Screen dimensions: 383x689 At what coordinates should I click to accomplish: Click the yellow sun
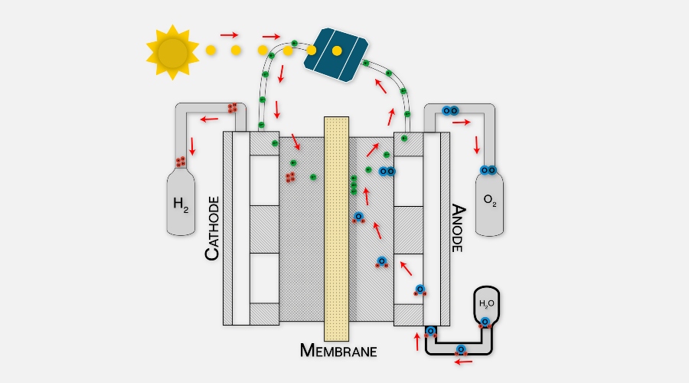tap(172, 51)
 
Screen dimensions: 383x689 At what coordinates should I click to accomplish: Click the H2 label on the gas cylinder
tap(181, 204)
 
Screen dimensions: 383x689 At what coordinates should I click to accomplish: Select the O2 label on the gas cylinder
tap(490, 202)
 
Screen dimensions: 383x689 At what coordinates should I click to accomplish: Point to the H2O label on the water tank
tap(487, 303)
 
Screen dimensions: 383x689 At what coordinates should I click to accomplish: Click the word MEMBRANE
tap(338, 352)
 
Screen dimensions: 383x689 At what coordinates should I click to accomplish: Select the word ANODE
tap(458, 228)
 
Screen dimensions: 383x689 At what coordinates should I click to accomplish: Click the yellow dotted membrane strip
tap(336, 230)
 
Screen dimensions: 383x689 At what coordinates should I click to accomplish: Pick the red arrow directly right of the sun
tap(229, 34)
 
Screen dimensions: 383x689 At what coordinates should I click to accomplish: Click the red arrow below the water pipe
tap(463, 362)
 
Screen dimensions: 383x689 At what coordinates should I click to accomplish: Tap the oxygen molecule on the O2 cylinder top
tap(488, 169)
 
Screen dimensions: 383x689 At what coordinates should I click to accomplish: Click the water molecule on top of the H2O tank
tap(485, 322)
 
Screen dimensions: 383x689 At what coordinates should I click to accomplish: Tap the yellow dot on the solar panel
tap(337, 51)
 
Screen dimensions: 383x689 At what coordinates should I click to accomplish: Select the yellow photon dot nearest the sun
tap(211, 50)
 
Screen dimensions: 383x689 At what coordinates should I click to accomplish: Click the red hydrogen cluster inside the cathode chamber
tap(291, 177)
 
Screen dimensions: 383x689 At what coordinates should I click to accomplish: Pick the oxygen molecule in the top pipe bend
tap(450, 110)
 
